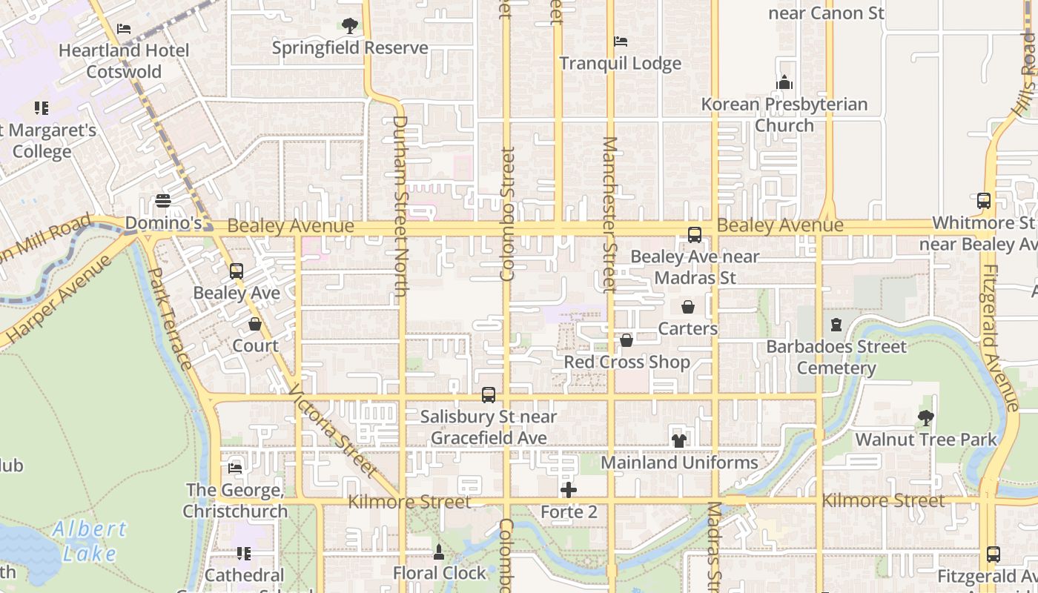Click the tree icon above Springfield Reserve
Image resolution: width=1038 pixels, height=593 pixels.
pyautogui.click(x=350, y=27)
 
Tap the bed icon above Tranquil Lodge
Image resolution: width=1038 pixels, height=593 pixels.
pyautogui.click(x=621, y=42)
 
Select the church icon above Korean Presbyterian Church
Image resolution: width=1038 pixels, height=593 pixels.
pyautogui.click(x=784, y=82)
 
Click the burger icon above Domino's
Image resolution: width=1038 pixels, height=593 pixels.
pyautogui.click(x=163, y=201)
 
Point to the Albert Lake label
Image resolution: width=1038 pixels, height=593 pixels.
pyautogui.click(x=90, y=540)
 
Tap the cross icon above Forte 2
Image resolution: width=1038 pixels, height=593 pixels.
pyautogui.click(x=569, y=490)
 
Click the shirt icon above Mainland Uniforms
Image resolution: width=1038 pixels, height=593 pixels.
pyautogui.click(x=679, y=440)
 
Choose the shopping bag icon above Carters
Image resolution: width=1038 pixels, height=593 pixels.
pyautogui.click(x=688, y=307)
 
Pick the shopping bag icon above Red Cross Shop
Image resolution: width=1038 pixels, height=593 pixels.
pyautogui.click(x=627, y=340)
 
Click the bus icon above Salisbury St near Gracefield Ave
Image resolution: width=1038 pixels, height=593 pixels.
pyautogui.click(x=489, y=395)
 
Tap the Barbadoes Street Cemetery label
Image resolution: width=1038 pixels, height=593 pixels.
pyautogui.click(x=836, y=357)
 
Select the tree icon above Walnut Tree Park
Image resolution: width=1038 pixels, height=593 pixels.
pyautogui.click(x=926, y=418)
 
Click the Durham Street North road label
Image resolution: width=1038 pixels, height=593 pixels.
pyautogui.click(x=400, y=206)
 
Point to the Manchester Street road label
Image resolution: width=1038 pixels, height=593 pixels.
pyautogui.click(x=609, y=214)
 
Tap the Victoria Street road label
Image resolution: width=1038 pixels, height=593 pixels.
pyautogui.click(x=333, y=430)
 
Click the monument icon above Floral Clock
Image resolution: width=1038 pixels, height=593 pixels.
pyautogui.click(x=439, y=552)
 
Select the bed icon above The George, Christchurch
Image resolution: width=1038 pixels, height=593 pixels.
pyautogui.click(x=235, y=468)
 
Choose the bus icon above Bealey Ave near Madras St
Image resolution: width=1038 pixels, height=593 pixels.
pyautogui.click(x=695, y=235)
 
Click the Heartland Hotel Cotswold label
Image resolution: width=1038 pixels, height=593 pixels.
pyautogui.click(x=124, y=61)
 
